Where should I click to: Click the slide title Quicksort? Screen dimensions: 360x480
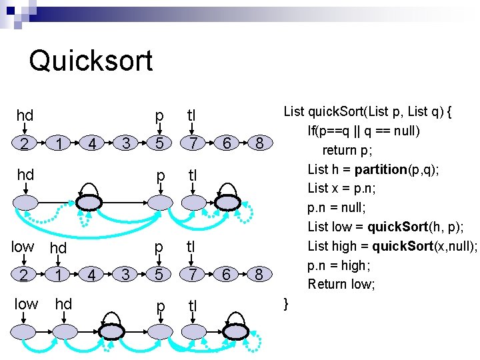coord(91,61)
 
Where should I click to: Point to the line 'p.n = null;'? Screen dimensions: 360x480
coord(340,207)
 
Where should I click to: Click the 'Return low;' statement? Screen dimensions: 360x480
coord(341,284)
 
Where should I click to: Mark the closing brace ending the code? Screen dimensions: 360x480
coord(286,303)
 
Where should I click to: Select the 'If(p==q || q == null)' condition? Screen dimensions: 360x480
coord(363,131)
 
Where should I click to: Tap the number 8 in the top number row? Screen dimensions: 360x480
coord(259,143)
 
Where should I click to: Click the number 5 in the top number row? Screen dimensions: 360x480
coord(159,143)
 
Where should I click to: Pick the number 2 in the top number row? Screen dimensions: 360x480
coord(24,143)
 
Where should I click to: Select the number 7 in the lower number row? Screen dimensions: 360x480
coord(192,274)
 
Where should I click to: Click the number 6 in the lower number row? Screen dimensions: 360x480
coord(227,274)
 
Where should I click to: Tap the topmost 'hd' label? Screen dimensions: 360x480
coord(25,116)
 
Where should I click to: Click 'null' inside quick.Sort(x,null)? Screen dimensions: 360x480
coord(459,246)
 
